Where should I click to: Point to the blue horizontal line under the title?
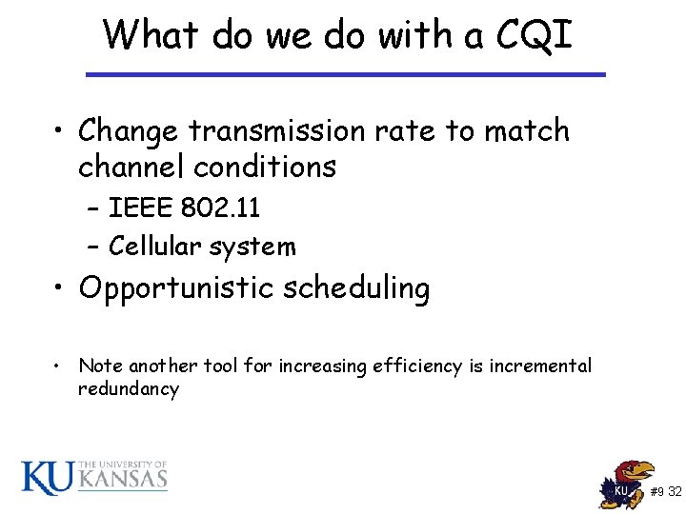[345, 74]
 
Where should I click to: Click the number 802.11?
[224, 208]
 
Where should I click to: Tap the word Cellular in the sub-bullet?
[152, 247]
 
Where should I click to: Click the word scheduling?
[363, 288]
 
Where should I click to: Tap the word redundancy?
[129, 389]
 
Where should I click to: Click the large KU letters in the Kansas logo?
[47, 477]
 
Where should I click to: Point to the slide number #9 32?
[665, 492]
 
